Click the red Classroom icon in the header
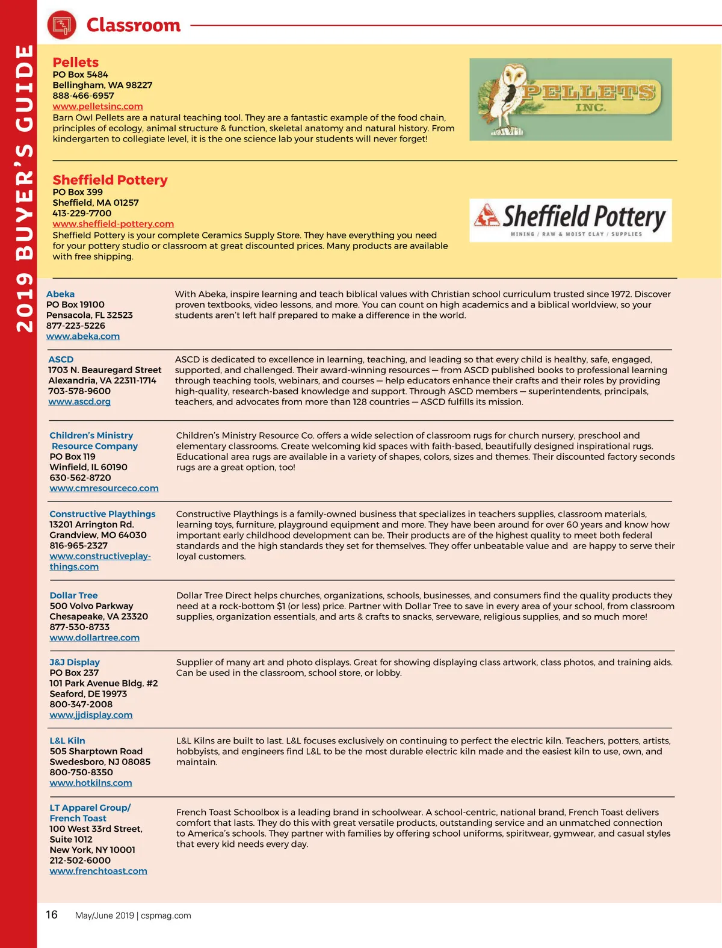coord(61,25)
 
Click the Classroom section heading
coord(134,25)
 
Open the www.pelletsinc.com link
coord(97,107)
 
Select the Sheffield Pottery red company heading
coord(110,180)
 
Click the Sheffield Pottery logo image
coord(570,220)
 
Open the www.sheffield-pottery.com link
coord(113,224)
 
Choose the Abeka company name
coord(60,294)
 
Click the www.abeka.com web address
coord(83,336)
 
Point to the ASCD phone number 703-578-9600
coord(79,391)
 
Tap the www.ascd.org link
coord(79,401)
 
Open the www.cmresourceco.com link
coord(104,488)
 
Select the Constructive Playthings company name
coord(102,514)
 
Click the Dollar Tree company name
coord(73,595)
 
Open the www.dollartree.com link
coord(94,637)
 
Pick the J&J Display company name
coord(75,662)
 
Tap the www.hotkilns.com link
coord(91,783)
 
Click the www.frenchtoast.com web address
coord(98,871)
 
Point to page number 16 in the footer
coord(52,915)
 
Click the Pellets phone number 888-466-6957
coord(83,96)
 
